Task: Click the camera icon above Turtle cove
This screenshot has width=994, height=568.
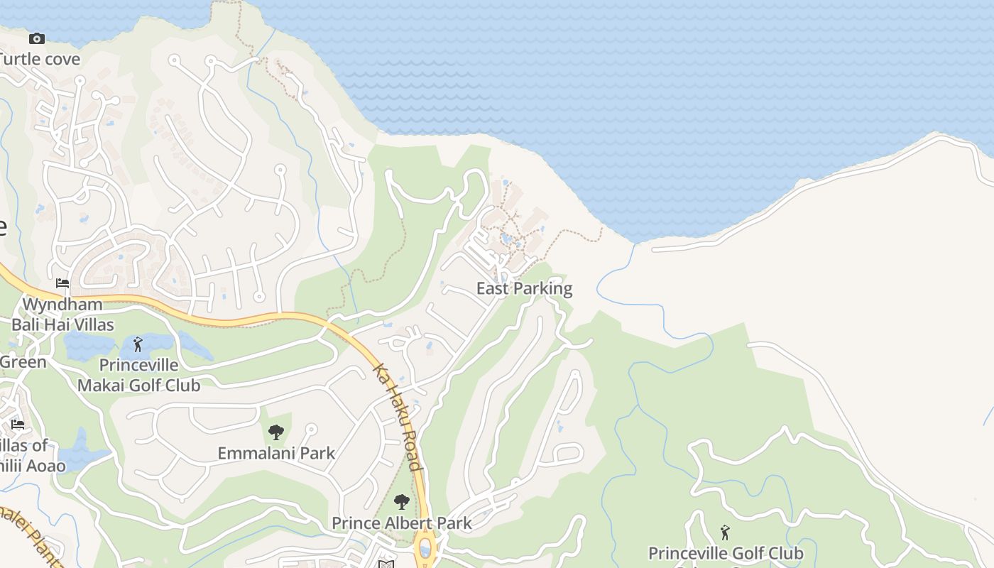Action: [37, 38]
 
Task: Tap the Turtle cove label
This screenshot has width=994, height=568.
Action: [40, 59]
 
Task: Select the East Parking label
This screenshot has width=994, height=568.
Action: [524, 288]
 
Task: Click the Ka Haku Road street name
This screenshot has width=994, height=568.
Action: [399, 418]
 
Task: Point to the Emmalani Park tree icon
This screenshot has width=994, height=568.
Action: [276, 432]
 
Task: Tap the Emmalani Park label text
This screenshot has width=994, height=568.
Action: [276, 453]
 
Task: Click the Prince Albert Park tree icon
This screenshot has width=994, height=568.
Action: [402, 502]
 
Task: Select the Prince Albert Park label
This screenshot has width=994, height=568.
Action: [402, 524]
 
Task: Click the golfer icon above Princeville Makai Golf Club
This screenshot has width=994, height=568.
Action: [138, 345]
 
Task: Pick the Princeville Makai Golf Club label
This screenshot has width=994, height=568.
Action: [138, 376]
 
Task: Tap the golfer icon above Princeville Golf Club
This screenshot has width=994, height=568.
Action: [725, 532]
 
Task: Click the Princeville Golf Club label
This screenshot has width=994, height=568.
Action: [726, 553]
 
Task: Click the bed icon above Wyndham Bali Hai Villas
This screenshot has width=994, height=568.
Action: [62, 283]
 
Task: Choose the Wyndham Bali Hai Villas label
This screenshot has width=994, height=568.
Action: [62, 315]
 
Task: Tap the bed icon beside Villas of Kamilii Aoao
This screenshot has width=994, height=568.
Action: [18, 425]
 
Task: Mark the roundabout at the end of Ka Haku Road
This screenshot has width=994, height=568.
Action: [425, 548]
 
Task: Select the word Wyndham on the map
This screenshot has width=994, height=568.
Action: [62, 305]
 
